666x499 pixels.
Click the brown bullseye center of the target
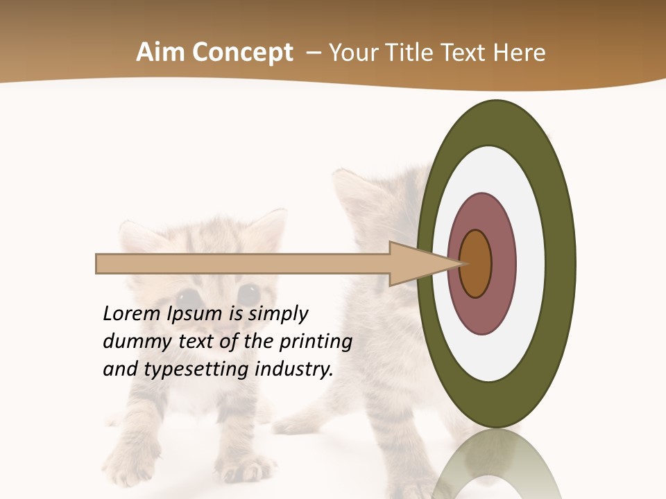(476, 264)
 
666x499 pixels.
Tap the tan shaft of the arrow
(243, 264)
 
